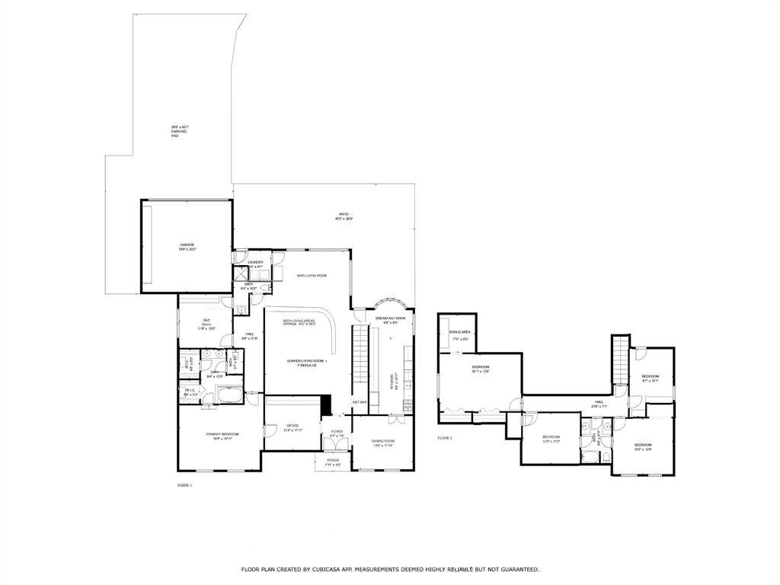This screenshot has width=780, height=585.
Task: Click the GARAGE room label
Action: [x=187, y=245]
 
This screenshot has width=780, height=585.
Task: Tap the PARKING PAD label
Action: [x=179, y=132]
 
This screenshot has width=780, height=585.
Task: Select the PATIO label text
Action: [x=344, y=214]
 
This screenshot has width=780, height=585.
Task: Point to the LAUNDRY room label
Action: [x=254, y=262]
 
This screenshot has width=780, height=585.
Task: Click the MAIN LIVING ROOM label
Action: [x=312, y=275]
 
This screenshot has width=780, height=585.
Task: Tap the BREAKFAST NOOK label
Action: [x=390, y=318]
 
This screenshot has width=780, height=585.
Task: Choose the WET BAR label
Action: [x=360, y=402]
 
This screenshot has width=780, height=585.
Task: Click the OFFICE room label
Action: [x=292, y=425]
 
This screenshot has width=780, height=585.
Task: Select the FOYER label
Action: [x=337, y=432]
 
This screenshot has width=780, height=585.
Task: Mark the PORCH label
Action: [x=334, y=460]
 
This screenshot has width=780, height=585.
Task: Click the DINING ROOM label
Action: [x=383, y=441]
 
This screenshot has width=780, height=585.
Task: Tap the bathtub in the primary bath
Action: [x=229, y=395]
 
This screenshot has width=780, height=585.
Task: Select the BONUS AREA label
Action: [x=459, y=333]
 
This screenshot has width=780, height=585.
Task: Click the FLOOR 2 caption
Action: [x=445, y=438]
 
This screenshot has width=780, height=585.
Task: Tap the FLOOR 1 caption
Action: [x=185, y=484]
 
